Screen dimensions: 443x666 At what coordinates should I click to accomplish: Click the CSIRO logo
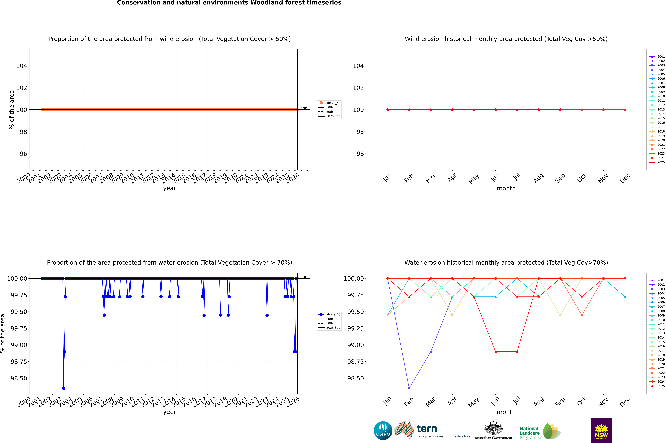click(383, 431)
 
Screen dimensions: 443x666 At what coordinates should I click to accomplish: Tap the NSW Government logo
click(601, 431)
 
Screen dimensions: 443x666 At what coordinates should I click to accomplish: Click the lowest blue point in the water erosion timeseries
click(64, 388)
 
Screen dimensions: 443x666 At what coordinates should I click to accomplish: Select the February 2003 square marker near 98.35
click(409, 388)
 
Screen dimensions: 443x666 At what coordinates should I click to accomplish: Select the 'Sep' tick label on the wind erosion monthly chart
click(560, 178)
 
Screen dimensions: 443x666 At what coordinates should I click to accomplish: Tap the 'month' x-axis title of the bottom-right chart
click(506, 412)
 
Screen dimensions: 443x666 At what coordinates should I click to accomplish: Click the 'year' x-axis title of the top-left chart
click(169, 188)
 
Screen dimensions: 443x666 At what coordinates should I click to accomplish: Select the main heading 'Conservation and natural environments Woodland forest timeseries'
click(229, 3)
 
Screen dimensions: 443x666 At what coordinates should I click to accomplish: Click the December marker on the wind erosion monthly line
click(625, 110)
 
